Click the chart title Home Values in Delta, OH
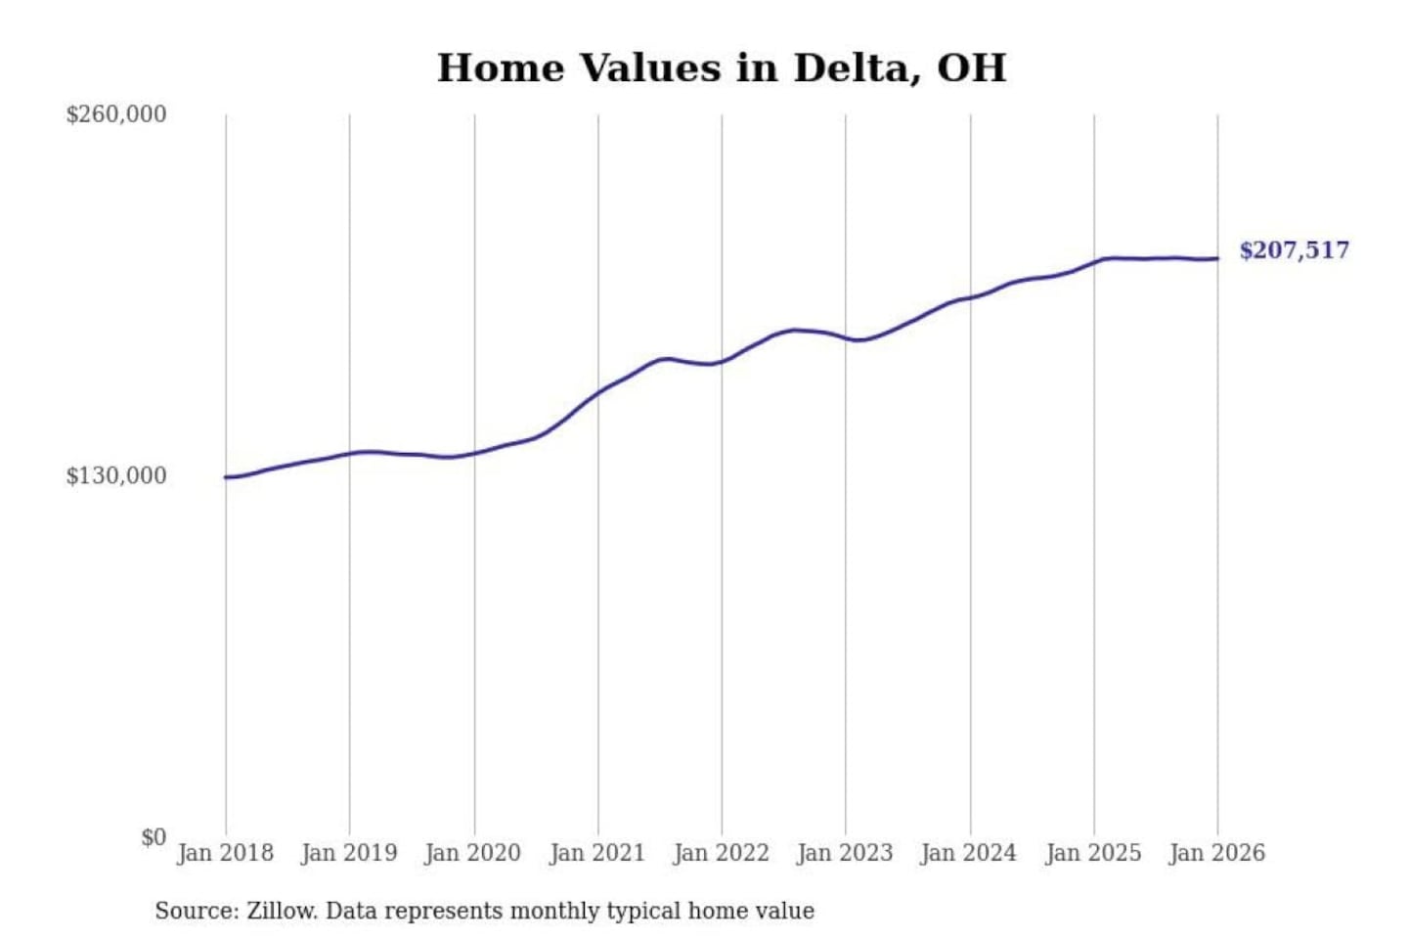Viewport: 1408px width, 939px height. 721,68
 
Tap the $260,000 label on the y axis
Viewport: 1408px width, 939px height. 115,114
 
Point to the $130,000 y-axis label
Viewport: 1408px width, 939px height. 115,476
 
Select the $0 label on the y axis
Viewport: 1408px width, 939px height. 154,837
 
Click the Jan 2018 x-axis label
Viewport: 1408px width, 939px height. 225,853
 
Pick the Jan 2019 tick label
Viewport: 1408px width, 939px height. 349,853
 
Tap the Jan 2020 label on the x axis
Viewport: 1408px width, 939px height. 473,853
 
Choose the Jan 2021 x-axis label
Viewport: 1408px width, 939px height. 597,853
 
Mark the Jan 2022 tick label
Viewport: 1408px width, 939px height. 722,853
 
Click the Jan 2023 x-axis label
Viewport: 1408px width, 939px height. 845,853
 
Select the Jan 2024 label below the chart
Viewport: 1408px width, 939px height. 969,853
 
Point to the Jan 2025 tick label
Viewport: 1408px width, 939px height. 1093,853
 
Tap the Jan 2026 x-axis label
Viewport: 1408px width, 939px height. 1217,853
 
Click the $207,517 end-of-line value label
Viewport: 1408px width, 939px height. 1294,250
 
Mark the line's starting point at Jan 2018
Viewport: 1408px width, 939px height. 226,477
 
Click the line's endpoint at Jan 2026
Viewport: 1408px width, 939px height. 1217,258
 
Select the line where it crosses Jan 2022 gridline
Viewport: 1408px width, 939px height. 723,362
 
